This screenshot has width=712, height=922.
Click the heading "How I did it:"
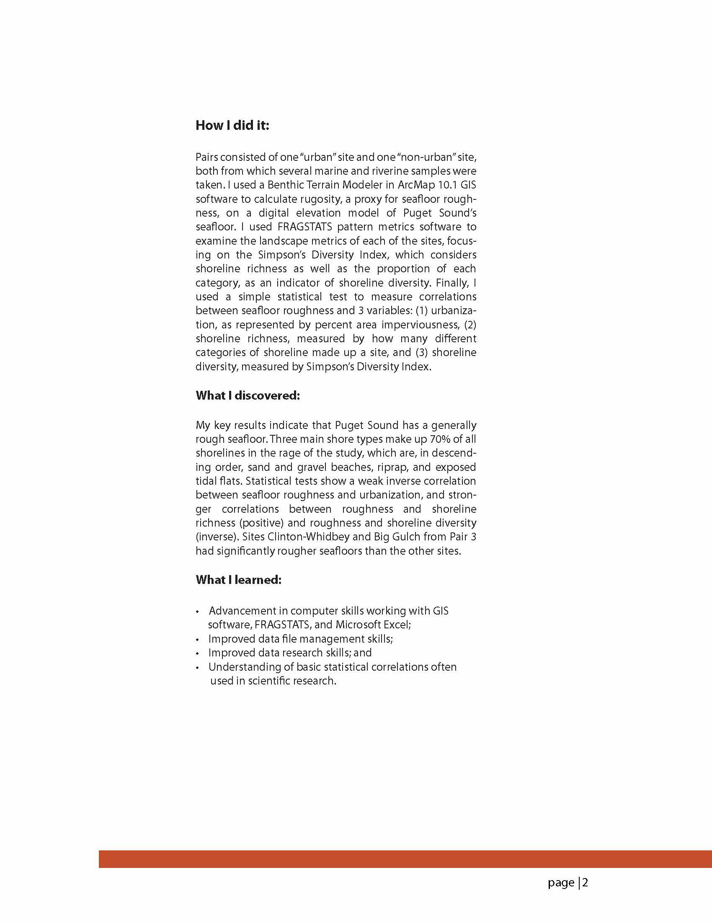(x=232, y=125)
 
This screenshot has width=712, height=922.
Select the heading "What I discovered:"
(x=248, y=395)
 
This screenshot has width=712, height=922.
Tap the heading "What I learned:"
(x=238, y=580)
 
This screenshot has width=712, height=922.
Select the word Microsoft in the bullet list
(x=359, y=625)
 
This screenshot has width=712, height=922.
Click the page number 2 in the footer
(x=585, y=882)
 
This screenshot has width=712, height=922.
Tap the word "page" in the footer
(x=561, y=883)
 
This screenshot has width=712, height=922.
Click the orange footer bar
(x=405, y=859)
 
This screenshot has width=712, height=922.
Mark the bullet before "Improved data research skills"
(x=197, y=653)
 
